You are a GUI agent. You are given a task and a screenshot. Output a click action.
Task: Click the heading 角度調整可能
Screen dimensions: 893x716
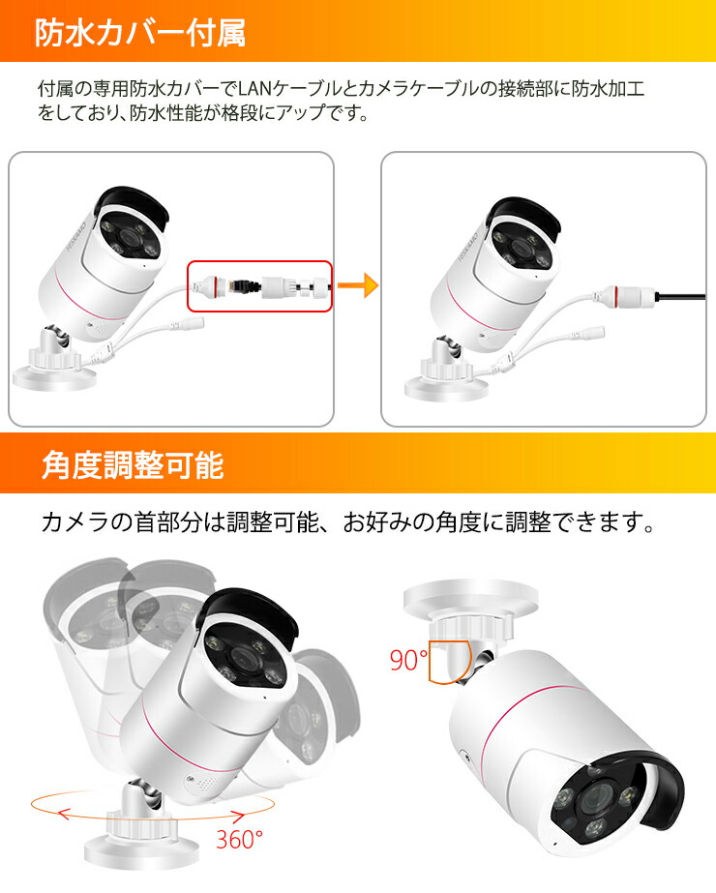point(132,465)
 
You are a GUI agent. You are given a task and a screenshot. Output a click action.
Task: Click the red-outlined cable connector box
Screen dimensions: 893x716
point(259,284)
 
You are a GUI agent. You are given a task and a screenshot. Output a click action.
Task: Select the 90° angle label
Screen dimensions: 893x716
point(407,661)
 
